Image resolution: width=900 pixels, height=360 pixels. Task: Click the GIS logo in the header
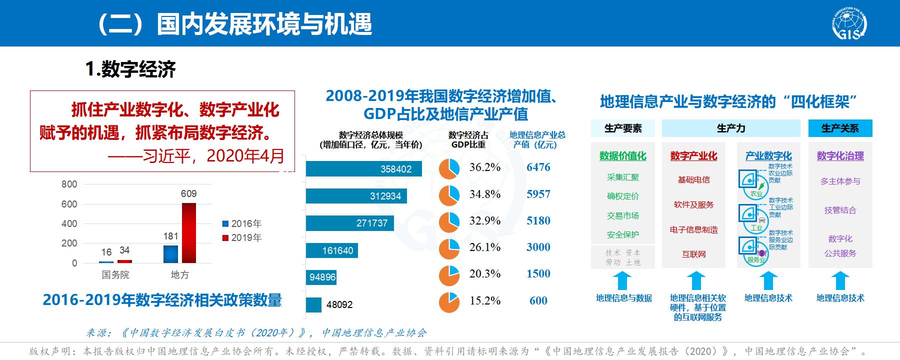tap(849, 23)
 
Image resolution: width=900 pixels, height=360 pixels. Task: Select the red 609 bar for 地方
tap(188, 232)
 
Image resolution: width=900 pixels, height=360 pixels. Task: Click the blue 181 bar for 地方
tap(170, 254)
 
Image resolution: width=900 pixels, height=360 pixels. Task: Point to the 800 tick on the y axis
tap(69, 184)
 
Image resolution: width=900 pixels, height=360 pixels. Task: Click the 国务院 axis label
tap(115, 274)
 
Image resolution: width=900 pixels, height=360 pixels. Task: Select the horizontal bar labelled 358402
tap(363, 169)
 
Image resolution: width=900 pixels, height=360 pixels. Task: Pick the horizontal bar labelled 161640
tap(332, 250)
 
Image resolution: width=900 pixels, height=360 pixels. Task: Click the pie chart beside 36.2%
tap(449, 168)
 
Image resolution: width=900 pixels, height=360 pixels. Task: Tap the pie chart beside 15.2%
tap(449, 302)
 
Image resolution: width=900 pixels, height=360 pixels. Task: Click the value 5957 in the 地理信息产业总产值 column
tap(538, 194)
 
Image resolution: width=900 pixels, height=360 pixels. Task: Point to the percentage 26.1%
tap(484, 247)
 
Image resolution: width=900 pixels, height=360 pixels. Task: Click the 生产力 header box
tap(730, 128)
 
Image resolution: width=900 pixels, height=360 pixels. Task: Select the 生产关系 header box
tap(840, 128)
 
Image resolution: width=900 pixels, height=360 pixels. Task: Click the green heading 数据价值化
tap(622, 156)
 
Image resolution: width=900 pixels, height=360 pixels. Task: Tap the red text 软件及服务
tap(693, 204)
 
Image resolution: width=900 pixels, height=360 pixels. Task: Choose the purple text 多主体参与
tap(840, 181)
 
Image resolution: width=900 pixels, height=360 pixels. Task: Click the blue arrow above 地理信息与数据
tap(622, 280)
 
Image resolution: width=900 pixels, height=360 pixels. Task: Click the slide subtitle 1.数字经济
tap(130, 69)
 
